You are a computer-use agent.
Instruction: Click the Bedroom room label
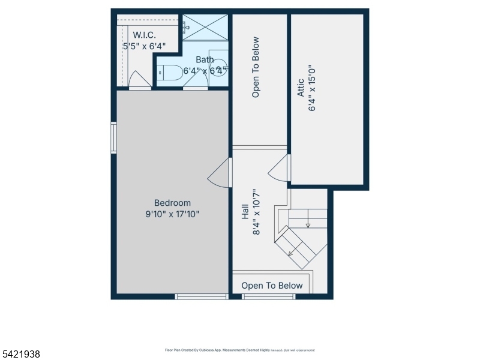[x=172, y=203]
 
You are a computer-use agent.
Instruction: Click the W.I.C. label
[x=144, y=35]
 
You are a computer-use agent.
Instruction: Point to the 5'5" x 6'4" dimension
[x=144, y=46]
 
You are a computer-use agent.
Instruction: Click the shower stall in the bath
[x=205, y=27]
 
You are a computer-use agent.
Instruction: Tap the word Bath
[x=205, y=59]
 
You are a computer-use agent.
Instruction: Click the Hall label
[x=245, y=212]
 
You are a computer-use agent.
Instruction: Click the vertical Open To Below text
[x=256, y=67]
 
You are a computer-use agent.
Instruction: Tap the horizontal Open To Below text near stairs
[x=272, y=286]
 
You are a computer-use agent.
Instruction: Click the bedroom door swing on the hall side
[x=218, y=175]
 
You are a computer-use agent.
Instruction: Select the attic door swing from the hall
[x=278, y=170]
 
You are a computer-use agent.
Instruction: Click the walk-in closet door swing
[x=139, y=80]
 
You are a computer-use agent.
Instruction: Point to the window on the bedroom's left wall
[x=113, y=138]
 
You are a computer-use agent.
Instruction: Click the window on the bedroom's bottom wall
[x=202, y=296]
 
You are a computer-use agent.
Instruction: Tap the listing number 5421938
[x=21, y=354]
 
